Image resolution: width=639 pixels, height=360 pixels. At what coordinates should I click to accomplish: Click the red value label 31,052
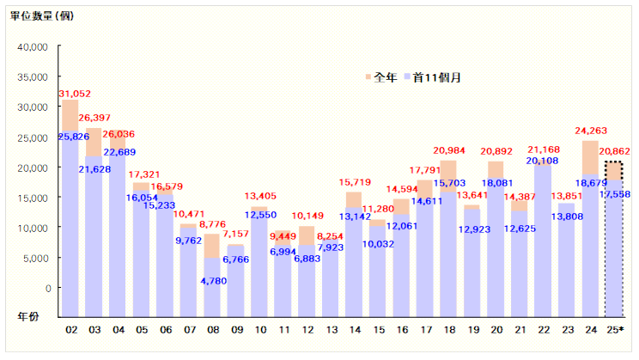74,93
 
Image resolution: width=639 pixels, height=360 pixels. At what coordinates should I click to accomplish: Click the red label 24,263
592,131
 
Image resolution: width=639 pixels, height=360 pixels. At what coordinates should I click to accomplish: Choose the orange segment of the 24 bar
588,157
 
